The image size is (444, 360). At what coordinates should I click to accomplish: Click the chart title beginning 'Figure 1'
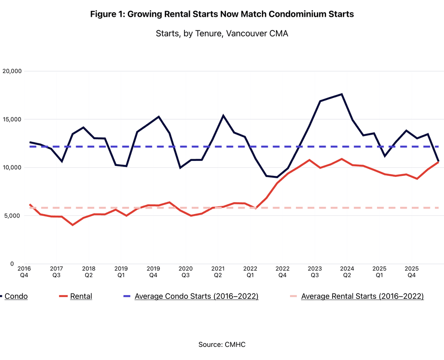(x=222, y=14)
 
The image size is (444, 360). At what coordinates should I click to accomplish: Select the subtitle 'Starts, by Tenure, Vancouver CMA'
(x=222, y=34)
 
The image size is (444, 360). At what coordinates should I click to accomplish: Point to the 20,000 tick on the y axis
(x=12, y=71)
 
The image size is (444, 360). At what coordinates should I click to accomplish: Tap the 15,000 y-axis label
(x=12, y=119)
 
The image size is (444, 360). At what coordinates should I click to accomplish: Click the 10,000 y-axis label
(x=12, y=167)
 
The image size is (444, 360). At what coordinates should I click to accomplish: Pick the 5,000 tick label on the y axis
(x=13, y=216)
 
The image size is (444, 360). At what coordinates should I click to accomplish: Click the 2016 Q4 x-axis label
(x=24, y=272)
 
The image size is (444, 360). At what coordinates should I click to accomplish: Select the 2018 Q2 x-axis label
(x=89, y=272)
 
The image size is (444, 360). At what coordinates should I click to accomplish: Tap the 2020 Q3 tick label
(x=185, y=272)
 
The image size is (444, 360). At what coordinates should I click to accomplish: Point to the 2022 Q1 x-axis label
(x=250, y=272)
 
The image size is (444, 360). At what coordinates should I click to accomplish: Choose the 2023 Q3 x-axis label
(x=314, y=272)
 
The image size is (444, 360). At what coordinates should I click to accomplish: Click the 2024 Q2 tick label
(x=347, y=272)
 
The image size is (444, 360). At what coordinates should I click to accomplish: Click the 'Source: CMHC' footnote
(x=222, y=345)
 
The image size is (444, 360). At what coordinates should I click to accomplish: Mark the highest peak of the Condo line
(x=342, y=94)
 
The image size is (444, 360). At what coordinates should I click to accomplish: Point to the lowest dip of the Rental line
(x=73, y=225)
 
